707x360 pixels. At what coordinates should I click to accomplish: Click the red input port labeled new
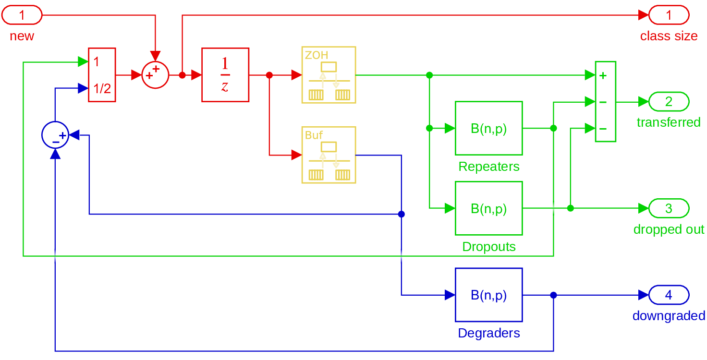click(22, 16)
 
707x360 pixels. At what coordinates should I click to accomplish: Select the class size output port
click(669, 16)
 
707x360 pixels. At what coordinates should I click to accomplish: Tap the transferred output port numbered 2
click(669, 102)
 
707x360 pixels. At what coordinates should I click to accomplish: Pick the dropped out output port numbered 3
click(669, 209)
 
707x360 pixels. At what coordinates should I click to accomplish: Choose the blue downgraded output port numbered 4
click(669, 295)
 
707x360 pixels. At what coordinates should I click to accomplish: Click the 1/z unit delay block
click(225, 75)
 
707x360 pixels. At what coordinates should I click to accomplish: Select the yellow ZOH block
click(329, 75)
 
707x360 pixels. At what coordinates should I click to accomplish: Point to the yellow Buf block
click(329, 155)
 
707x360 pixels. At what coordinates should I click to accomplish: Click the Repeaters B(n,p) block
click(488, 128)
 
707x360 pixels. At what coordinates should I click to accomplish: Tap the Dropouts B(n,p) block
click(488, 208)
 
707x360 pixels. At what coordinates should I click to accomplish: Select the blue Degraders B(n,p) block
click(488, 295)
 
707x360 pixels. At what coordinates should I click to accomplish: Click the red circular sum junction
click(155, 75)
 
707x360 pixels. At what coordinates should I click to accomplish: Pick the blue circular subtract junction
click(55, 135)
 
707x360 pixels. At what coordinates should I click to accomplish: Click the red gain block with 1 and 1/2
click(102, 75)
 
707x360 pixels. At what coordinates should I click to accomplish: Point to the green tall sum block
click(605, 102)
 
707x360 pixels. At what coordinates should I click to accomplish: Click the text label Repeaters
click(489, 167)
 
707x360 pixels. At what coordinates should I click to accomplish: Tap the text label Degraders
click(489, 333)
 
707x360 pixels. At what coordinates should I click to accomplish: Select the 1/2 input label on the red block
click(102, 88)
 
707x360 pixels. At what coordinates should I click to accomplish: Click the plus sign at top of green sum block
click(603, 75)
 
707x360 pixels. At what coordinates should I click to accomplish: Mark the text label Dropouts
click(489, 247)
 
